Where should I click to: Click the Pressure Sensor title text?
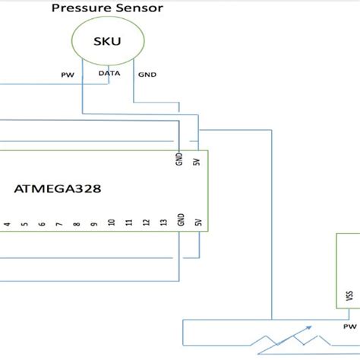click(106, 9)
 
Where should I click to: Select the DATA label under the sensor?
click(109, 74)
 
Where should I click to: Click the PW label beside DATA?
click(67, 75)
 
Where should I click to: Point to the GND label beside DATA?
click(147, 75)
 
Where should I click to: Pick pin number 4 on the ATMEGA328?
click(7, 224)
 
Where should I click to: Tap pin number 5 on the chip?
click(24, 224)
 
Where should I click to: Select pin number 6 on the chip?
click(42, 224)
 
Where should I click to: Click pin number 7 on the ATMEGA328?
click(58, 224)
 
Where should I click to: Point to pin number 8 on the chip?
click(76, 224)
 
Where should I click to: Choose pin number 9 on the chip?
click(93, 224)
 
